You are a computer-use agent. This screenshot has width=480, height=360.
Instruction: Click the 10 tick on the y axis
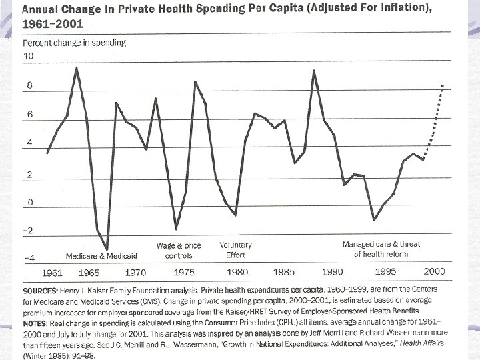[x=29, y=57]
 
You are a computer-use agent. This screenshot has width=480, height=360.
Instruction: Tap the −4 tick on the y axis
[x=29, y=259]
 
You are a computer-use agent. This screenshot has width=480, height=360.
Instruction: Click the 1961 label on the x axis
[x=53, y=273]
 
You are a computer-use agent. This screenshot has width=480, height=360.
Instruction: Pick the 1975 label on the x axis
[x=183, y=273]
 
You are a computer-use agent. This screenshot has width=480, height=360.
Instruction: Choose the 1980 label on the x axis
[x=237, y=272]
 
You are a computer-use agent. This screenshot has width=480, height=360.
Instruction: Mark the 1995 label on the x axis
[x=385, y=272]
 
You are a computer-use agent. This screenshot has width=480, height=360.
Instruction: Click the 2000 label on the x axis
[x=434, y=271]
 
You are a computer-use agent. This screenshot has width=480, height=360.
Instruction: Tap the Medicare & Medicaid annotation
[x=101, y=256]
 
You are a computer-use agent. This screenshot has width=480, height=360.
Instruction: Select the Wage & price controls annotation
[x=179, y=251]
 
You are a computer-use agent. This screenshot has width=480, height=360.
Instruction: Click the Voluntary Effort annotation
[x=236, y=250]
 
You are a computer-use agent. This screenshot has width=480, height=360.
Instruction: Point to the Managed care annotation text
[x=381, y=249]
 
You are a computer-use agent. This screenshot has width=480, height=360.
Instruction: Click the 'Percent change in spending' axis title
[x=74, y=43]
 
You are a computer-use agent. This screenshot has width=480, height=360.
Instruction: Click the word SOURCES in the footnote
[x=44, y=292]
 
